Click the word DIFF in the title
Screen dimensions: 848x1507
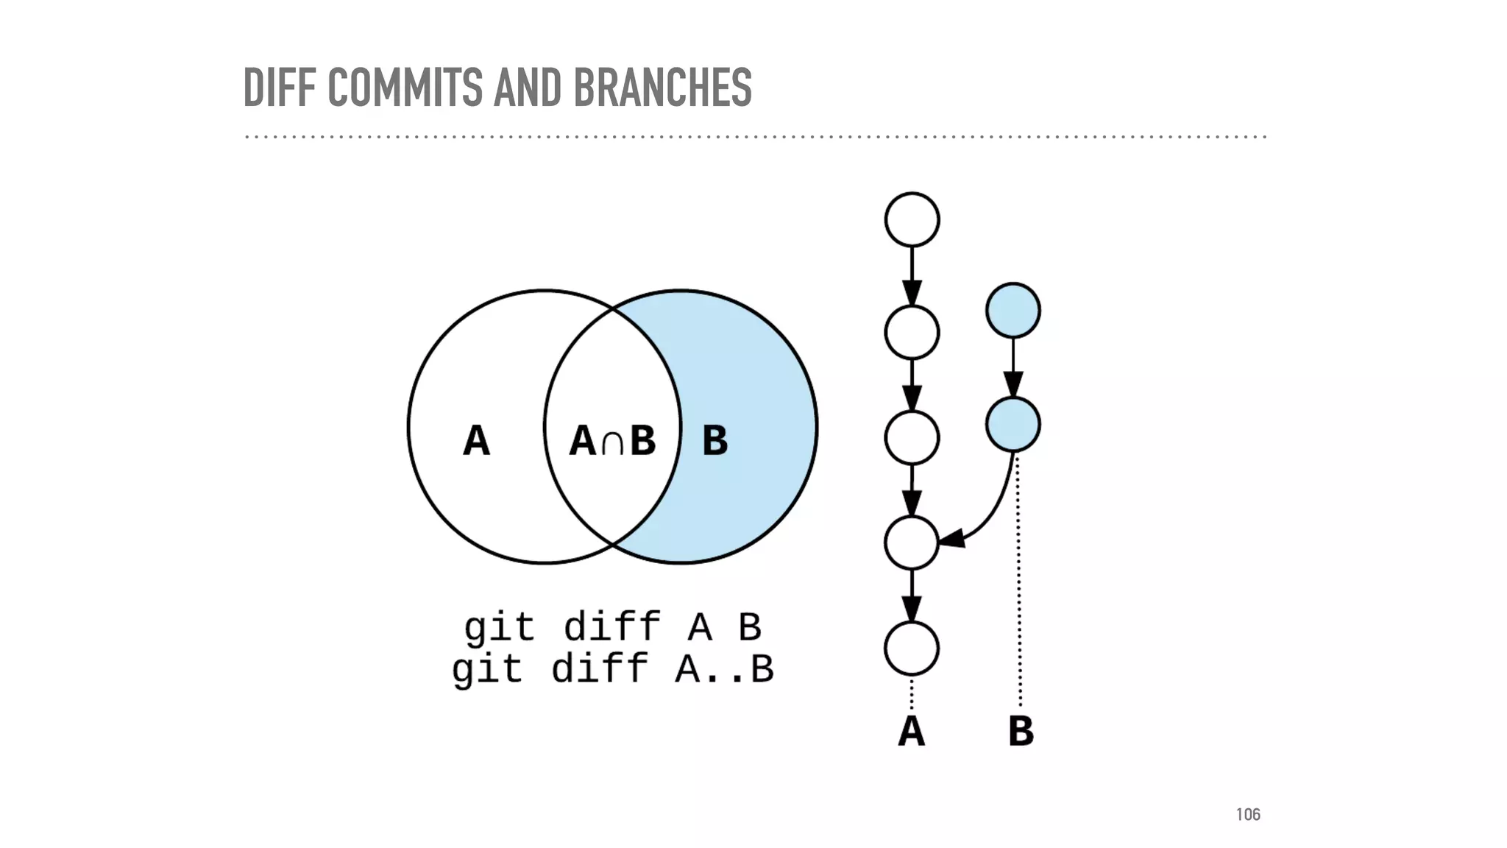[281, 88]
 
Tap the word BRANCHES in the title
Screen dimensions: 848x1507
[662, 88]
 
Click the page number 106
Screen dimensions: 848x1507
[1248, 814]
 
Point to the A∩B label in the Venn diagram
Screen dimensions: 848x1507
[612, 441]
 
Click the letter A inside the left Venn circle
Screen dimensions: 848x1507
[476, 441]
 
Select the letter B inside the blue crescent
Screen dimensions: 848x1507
[715, 441]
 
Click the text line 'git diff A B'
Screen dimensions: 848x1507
[612, 627]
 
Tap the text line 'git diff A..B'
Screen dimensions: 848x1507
[612, 669]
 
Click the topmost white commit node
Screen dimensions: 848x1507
[912, 219]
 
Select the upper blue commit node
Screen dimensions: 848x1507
[1013, 310]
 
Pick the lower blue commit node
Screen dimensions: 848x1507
[1013, 424]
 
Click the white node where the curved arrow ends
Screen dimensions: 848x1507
[912, 543]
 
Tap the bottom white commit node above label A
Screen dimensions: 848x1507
[912, 649]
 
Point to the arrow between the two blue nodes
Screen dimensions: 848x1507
[1013, 367]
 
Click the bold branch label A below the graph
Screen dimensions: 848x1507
[911, 731]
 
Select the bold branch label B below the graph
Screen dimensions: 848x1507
[1021, 731]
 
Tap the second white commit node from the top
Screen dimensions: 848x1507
[912, 333]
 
